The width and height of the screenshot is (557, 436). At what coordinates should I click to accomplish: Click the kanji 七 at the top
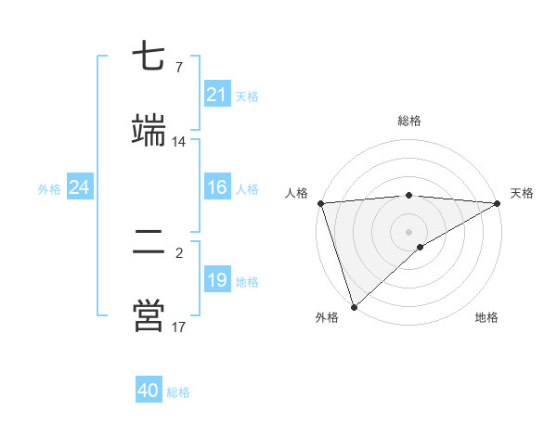(x=148, y=58)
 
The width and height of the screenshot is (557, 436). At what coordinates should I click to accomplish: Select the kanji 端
(x=148, y=130)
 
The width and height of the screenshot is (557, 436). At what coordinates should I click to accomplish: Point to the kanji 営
(x=148, y=315)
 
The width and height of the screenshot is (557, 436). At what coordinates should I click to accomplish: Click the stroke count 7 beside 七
(x=178, y=67)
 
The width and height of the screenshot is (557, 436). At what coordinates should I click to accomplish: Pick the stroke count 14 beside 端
(x=178, y=142)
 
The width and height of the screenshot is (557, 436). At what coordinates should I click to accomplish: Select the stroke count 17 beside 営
(x=178, y=327)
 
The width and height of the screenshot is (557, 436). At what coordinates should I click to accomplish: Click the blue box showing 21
(x=216, y=95)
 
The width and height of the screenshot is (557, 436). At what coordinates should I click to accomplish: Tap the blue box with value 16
(x=216, y=188)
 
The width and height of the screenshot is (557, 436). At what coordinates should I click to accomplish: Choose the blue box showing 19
(x=216, y=280)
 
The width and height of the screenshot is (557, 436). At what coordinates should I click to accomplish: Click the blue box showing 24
(x=80, y=188)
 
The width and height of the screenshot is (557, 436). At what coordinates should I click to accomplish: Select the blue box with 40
(x=149, y=391)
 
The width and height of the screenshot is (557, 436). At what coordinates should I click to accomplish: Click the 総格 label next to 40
(x=178, y=392)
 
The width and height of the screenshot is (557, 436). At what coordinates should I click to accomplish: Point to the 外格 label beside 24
(x=49, y=189)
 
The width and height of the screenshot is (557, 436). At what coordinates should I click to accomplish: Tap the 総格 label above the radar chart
(x=408, y=121)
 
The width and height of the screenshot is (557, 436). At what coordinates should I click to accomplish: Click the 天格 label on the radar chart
(x=522, y=193)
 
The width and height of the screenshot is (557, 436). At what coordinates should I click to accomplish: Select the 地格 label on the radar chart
(x=486, y=318)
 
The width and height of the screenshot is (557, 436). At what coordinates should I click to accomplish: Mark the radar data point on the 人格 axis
(x=320, y=203)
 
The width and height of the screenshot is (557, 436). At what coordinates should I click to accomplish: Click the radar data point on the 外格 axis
(x=354, y=307)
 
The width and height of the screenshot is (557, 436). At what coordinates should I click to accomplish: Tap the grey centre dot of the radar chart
(x=408, y=231)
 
